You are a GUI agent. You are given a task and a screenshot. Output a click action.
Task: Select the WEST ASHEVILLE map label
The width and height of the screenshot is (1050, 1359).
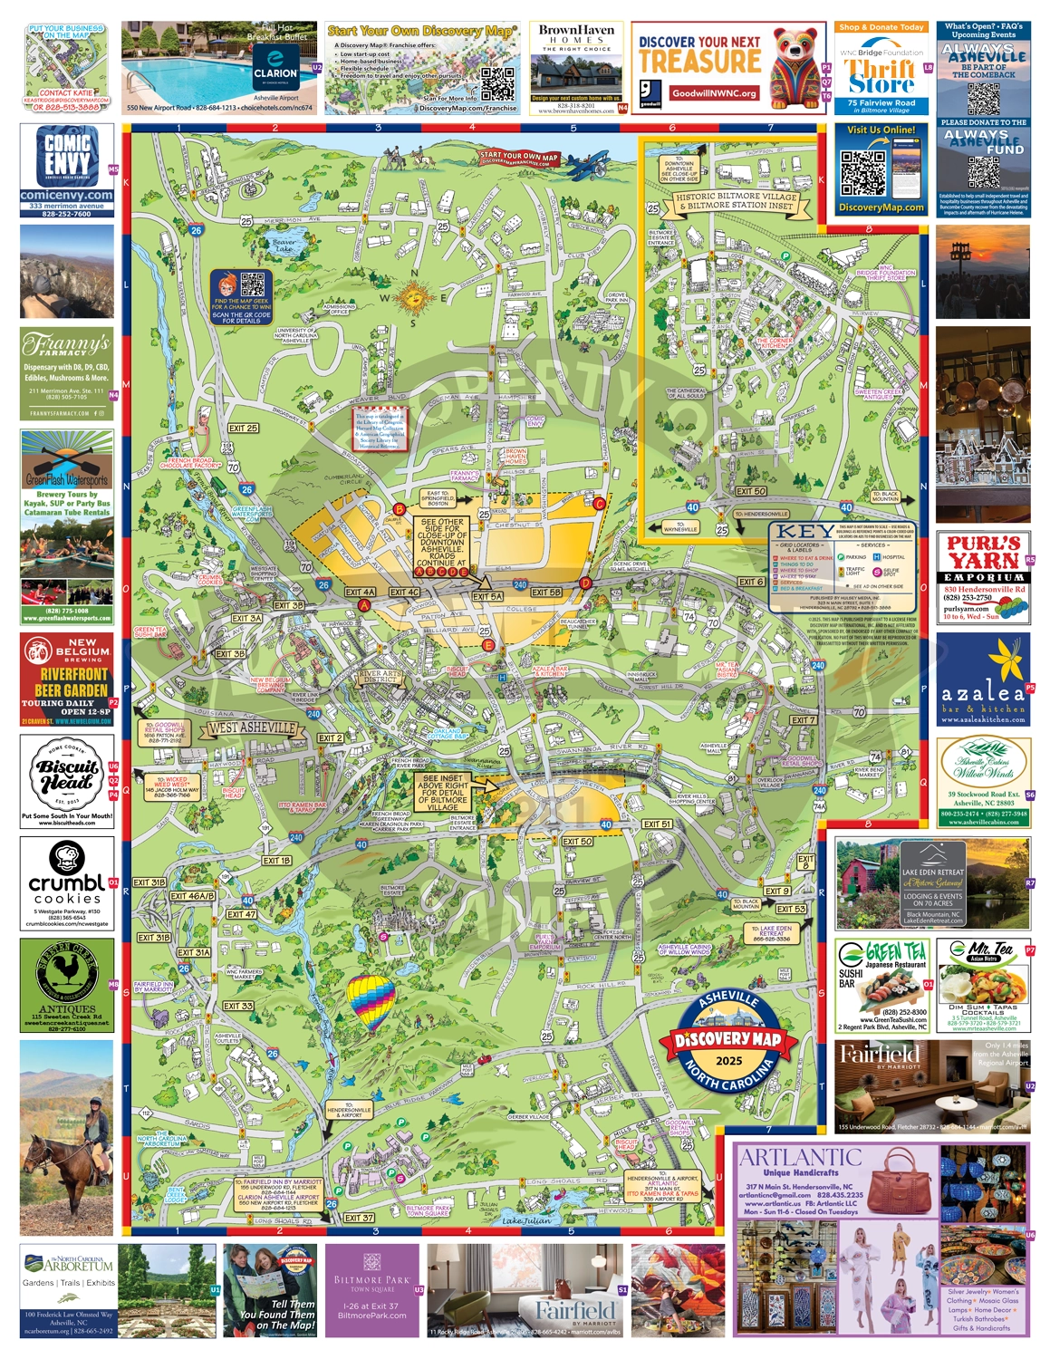click(x=251, y=728)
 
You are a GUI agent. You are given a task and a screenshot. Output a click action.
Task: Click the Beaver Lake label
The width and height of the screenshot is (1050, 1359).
click(x=284, y=244)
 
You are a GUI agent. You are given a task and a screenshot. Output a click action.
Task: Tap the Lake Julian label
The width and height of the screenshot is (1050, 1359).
click(x=525, y=1220)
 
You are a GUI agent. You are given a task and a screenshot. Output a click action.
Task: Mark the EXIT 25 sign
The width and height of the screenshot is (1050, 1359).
click(x=243, y=428)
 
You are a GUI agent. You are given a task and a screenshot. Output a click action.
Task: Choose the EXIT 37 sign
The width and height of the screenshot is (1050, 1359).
click(x=360, y=1217)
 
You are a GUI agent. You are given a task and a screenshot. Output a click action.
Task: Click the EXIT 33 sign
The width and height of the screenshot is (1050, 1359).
click(x=238, y=1006)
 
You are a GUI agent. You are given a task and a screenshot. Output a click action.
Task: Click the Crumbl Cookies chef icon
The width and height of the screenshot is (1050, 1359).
click(x=67, y=858)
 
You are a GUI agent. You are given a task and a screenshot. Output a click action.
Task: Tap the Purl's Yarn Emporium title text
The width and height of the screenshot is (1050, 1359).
click(x=984, y=552)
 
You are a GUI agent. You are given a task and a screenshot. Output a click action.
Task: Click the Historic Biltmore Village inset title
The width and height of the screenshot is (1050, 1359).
click(x=736, y=201)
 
